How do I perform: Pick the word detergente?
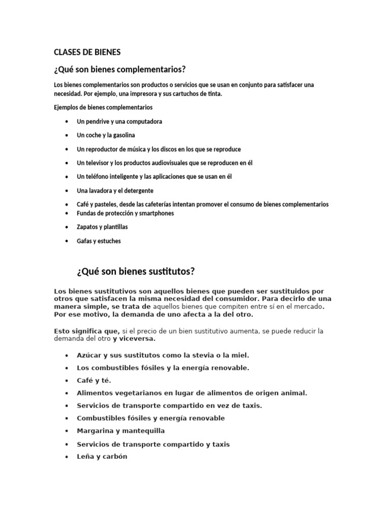tap(138, 191)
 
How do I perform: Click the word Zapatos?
tap(89, 227)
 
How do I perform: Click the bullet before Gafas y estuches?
tap(67, 241)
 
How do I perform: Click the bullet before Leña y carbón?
tap(67, 457)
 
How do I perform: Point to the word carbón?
tap(115, 456)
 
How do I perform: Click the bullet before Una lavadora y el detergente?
tap(67, 191)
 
